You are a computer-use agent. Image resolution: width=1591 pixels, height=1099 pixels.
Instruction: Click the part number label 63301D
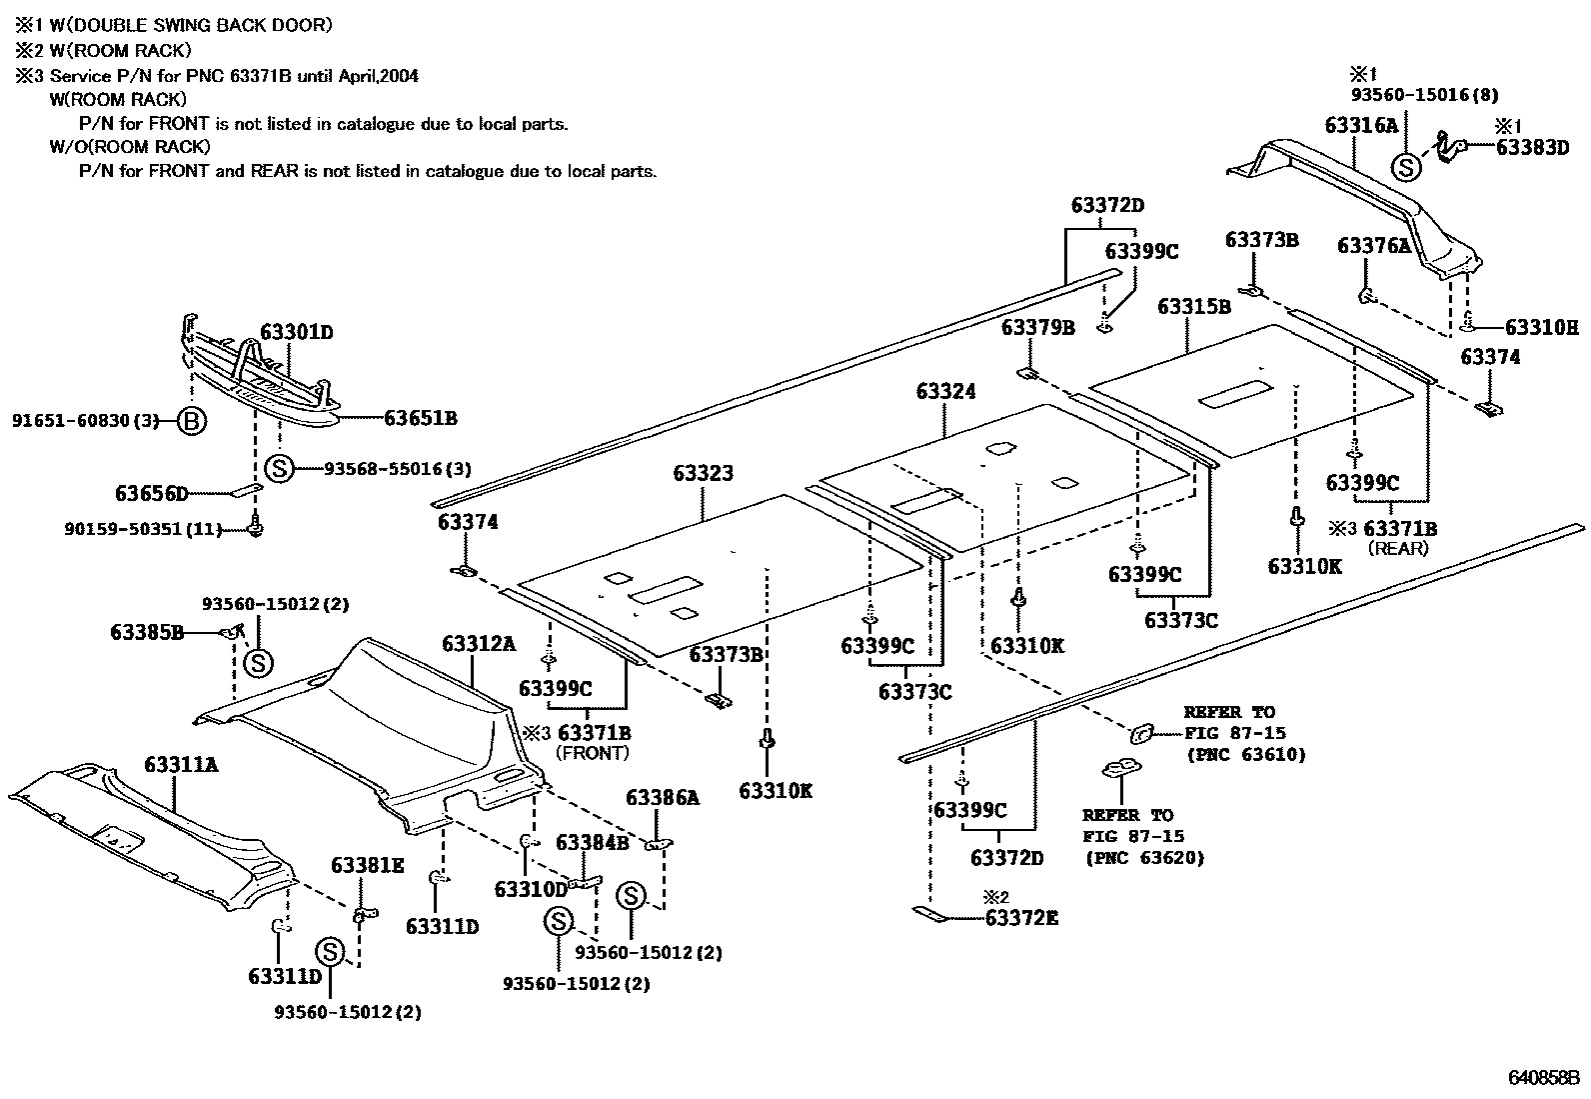297,331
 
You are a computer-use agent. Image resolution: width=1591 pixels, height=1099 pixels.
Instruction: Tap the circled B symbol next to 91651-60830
191,421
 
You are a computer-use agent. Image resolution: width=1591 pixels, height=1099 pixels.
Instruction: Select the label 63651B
420,419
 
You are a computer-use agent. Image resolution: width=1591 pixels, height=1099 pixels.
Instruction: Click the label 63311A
181,765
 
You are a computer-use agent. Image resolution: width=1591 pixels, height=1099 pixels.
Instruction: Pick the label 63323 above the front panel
703,473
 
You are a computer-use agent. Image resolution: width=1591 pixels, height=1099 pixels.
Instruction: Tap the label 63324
945,391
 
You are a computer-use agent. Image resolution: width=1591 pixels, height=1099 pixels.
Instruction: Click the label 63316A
1361,125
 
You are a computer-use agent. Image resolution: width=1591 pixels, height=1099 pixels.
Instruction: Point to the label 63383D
1533,147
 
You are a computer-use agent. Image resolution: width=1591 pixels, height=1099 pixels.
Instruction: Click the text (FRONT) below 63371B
592,753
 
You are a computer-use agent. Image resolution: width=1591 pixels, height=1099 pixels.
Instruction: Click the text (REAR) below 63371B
1398,548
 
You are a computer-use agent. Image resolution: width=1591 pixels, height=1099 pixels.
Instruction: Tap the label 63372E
1021,916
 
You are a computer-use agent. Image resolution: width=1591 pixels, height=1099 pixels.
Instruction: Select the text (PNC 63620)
1144,858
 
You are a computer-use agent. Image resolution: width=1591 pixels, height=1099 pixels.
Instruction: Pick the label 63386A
663,797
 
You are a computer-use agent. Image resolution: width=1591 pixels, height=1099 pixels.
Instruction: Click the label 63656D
152,493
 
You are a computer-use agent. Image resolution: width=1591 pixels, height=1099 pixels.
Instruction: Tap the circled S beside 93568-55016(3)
279,468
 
